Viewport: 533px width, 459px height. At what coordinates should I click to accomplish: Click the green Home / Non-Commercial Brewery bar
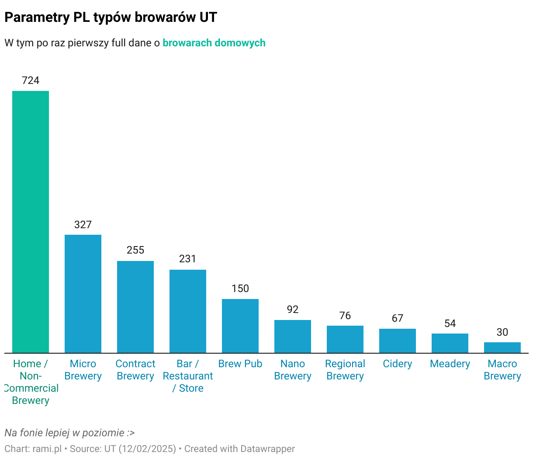point(31,222)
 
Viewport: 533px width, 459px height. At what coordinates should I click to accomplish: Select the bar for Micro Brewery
point(83,294)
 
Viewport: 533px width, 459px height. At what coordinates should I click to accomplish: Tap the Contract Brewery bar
point(135,307)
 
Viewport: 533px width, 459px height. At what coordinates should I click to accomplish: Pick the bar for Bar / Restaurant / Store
point(188,311)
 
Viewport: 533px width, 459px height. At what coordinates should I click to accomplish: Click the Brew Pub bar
point(240,326)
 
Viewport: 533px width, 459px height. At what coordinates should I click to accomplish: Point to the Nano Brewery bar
point(293,336)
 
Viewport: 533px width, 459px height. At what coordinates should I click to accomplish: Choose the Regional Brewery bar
point(345,339)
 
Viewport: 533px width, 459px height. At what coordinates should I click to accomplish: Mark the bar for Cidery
point(398,341)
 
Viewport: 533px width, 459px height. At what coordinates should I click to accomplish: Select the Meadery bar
point(450,343)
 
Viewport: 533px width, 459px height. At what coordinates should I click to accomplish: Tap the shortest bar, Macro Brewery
point(502,348)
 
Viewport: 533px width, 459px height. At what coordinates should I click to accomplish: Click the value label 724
point(31,80)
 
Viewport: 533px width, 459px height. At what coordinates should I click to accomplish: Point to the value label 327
point(83,225)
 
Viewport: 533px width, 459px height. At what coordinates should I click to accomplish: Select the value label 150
point(240,289)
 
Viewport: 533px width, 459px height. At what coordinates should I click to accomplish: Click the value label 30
point(502,332)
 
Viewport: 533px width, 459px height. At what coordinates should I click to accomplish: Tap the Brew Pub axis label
point(240,364)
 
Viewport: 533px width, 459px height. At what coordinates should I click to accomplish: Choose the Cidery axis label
point(398,364)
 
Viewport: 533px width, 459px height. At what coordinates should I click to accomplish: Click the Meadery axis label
point(450,364)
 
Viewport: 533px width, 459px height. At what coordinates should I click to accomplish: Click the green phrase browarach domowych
point(214,43)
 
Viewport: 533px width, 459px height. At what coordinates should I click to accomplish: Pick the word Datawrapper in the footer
point(267,449)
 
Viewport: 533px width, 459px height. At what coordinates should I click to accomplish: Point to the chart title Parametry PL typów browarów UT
point(111,17)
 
